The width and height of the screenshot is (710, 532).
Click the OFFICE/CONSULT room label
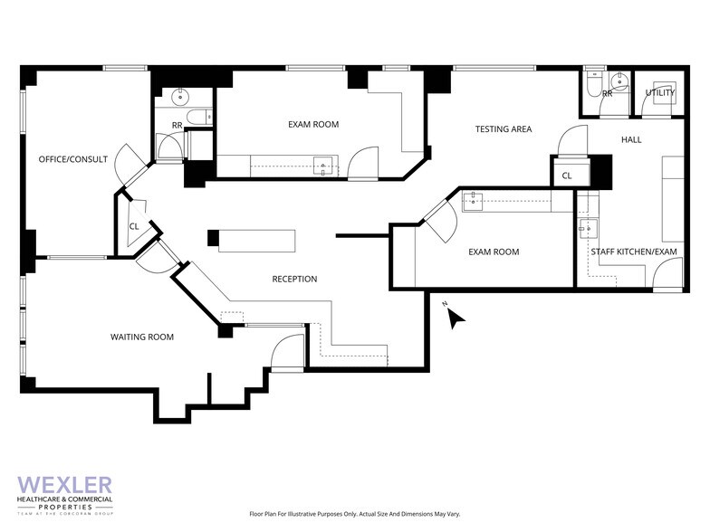(x=72, y=159)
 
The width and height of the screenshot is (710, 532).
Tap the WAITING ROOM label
(x=142, y=337)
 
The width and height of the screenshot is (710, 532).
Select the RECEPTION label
(x=294, y=279)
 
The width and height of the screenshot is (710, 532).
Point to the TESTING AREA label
(x=503, y=129)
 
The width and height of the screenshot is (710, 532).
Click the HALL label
(x=631, y=139)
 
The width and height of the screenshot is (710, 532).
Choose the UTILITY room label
(x=659, y=93)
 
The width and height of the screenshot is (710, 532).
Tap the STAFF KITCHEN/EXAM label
(x=634, y=252)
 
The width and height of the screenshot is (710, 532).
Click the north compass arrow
(x=456, y=316)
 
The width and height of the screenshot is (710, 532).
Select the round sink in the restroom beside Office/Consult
(x=178, y=95)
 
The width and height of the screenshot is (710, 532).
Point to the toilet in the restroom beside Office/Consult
(x=206, y=116)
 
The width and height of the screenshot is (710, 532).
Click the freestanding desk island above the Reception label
(x=256, y=240)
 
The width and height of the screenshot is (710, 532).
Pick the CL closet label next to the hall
(x=567, y=176)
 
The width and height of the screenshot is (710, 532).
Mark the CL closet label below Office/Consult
(x=133, y=227)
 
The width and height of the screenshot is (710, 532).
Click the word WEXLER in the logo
(x=65, y=485)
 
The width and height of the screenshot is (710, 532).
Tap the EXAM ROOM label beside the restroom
(x=313, y=124)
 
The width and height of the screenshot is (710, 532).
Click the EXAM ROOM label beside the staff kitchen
(x=494, y=252)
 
